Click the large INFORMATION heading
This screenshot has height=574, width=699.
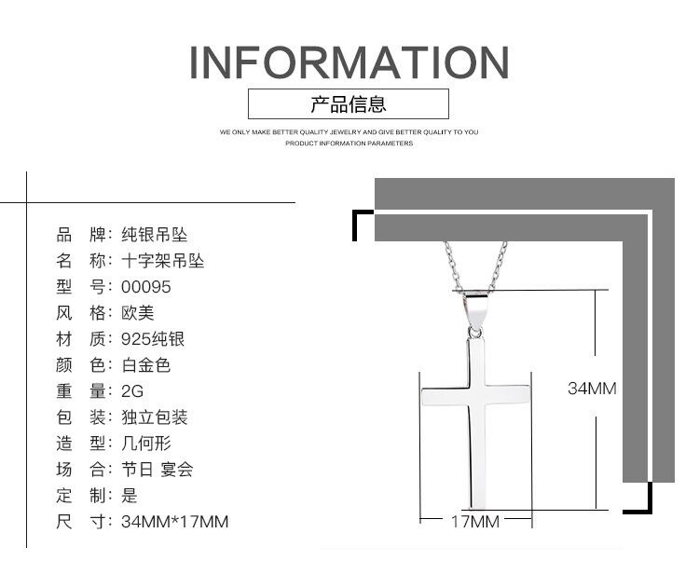(x=349, y=61)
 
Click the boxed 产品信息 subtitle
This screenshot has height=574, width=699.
(x=349, y=103)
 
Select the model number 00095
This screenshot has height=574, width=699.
(x=146, y=287)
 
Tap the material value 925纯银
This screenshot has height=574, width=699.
(x=153, y=339)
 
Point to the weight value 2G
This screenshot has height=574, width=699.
(x=132, y=391)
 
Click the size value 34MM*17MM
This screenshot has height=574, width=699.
(x=174, y=522)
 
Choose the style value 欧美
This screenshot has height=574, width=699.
(x=137, y=313)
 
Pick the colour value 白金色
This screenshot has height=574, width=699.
(x=145, y=365)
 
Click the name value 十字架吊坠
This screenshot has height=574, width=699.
(x=162, y=261)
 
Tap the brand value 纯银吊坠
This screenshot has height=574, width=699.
(x=154, y=235)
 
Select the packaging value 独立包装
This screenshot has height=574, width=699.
(x=154, y=417)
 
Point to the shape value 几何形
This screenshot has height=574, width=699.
(x=145, y=444)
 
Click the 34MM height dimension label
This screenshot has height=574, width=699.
(x=592, y=389)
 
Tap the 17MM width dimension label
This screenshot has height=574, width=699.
(x=475, y=521)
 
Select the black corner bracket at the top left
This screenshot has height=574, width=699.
(x=362, y=224)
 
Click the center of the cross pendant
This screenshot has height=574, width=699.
(x=475, y=396)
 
